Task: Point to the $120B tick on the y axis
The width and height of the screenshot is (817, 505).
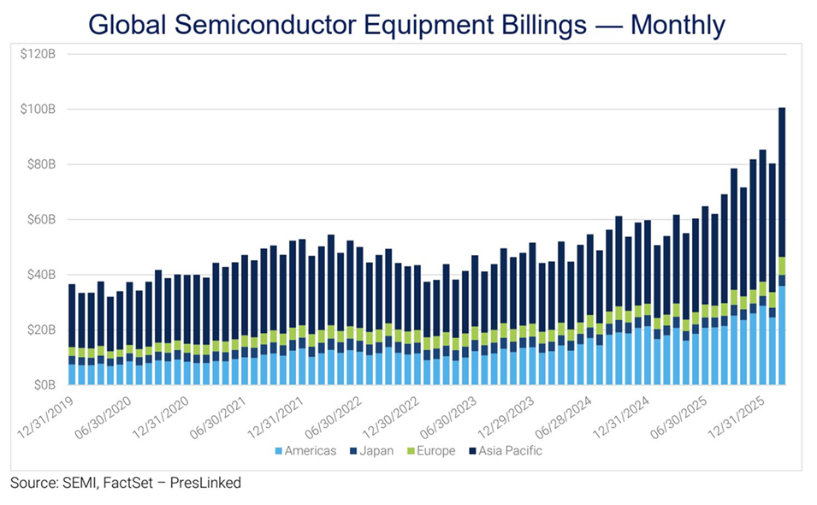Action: tap(38, 54)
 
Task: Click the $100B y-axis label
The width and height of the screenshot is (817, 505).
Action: tap(38, 110)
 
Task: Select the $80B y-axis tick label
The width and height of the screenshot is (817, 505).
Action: tap(40, 164)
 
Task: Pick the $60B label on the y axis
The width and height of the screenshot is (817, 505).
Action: tap(40, 220)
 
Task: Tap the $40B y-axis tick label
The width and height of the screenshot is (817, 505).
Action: tap(40, 275)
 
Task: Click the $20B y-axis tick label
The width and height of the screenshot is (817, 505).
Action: tap(40, 330)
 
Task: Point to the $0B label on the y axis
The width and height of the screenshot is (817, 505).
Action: tap(44, 385)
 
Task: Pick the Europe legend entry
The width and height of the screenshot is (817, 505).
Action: tap(434, 450)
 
